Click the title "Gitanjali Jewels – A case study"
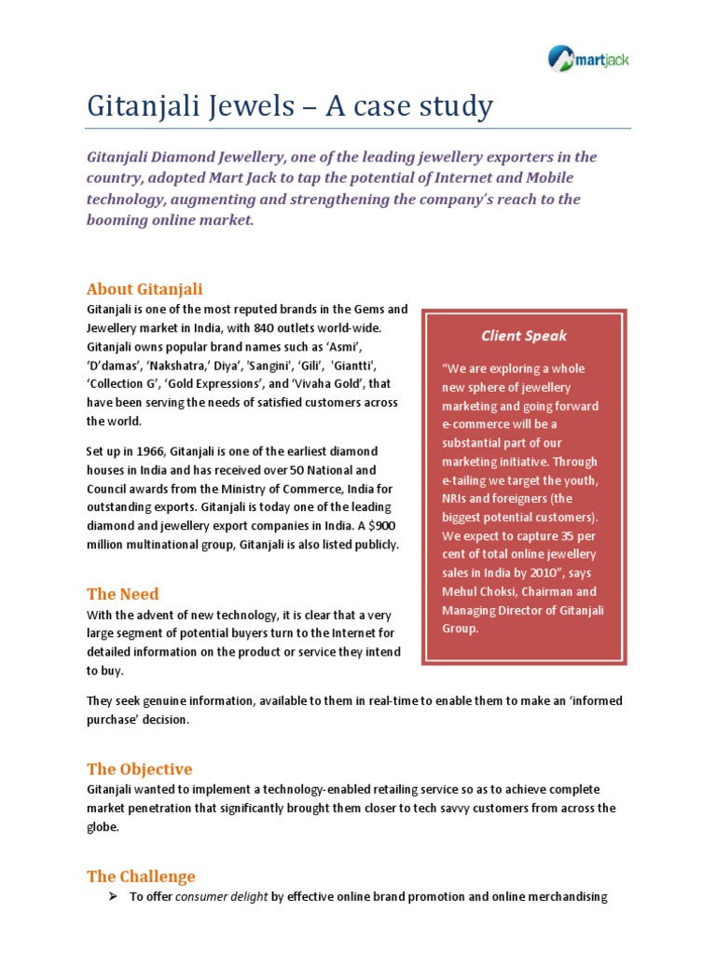click(x=290, y=106)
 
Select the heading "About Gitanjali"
click(x=145, y=289)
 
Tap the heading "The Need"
click(x=123, y=594)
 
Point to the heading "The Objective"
click(x=140, y=769)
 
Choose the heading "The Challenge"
click(x=141, y=877)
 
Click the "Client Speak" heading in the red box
click(x=523, y=336)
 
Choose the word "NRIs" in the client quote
click(x=458, y=499)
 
